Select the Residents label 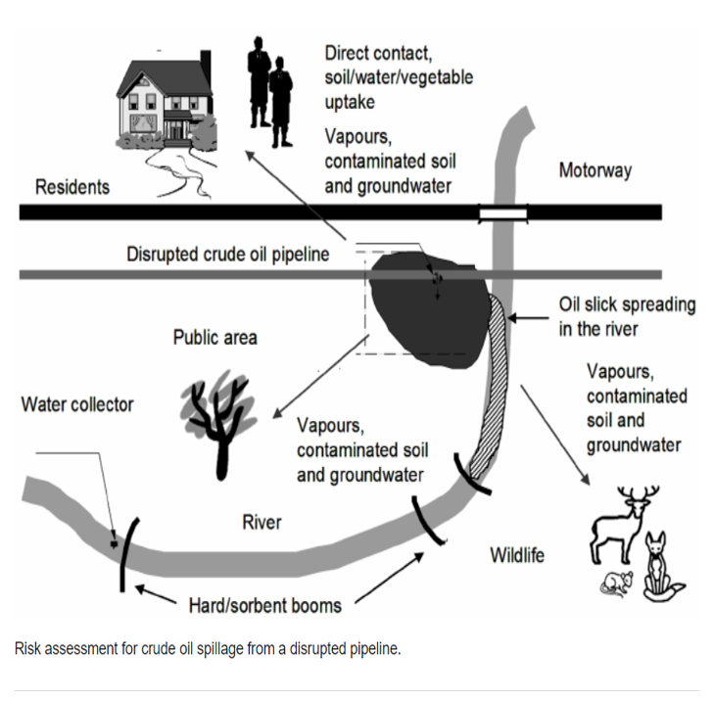[x=72, y=187]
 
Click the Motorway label [x=595, y=170]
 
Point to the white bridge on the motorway [x=503, y=213]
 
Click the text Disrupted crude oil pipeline [x=227, y=254]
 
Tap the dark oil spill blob [x=429, y=308]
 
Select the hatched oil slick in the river [x=492, y=387]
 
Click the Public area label [x=214, y=338]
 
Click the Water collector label [x=77, y=404]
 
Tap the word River [x=262, y=522]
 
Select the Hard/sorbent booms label [x=265, y=606]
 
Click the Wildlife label [x=517, y=555]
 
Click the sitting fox [x=660, y=569]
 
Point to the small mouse [x=617, y=584]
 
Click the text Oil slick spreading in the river [x=627, y=317]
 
